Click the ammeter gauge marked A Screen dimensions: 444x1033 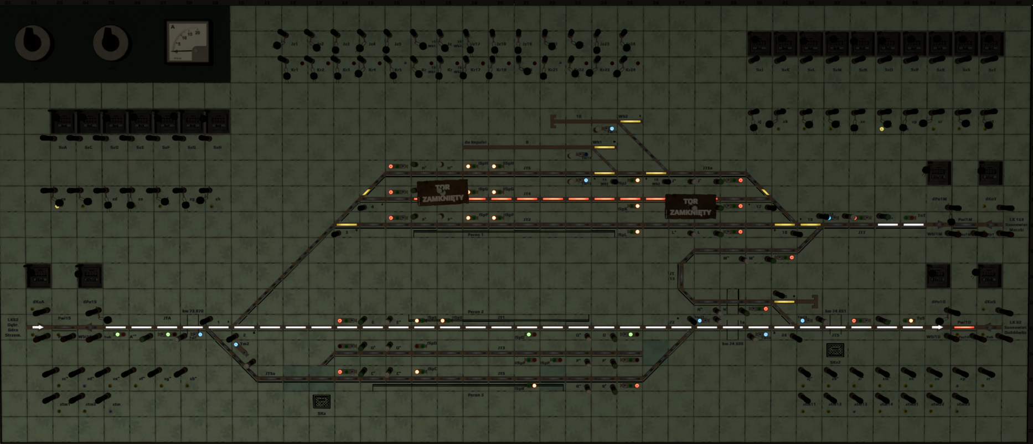188,42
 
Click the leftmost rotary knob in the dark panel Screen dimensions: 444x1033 33,43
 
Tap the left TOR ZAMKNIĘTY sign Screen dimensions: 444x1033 442,193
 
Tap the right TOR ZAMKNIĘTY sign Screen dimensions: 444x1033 690,206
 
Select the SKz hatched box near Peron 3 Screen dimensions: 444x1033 322,401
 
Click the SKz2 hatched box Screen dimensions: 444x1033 835,350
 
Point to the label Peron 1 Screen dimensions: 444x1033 475,235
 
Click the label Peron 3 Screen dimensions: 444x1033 475,395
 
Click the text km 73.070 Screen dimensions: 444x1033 193,311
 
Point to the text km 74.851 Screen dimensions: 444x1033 835,311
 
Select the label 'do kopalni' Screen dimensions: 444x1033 475,142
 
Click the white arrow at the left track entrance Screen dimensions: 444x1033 38,327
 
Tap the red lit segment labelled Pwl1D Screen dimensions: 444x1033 964,327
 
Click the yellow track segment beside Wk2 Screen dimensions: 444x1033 630,121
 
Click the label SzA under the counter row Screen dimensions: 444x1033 63,147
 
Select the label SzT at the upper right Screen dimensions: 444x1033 992,70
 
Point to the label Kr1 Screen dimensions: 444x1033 295,70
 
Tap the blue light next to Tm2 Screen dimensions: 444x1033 236,344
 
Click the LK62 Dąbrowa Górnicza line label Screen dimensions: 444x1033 13,327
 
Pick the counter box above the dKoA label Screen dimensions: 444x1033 39,275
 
